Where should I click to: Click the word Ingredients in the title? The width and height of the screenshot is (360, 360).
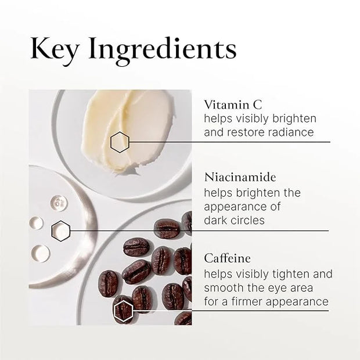[163, 51]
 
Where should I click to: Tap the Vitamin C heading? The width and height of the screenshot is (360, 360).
[233, 105]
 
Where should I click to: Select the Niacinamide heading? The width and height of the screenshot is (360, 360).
[240, 177]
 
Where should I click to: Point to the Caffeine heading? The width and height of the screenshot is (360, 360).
[227, 258]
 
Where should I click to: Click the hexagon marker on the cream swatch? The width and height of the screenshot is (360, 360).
[120, 142]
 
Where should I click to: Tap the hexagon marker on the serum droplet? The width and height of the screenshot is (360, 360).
[60, 231]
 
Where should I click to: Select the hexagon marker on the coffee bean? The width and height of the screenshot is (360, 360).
[123, 311]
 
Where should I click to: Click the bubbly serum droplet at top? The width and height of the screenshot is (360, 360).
[58, 202]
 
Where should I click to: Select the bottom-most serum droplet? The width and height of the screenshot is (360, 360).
[41, 253]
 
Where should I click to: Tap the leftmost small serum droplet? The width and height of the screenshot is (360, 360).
[36, 222]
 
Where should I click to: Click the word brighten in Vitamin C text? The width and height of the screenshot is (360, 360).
[294, 119]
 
